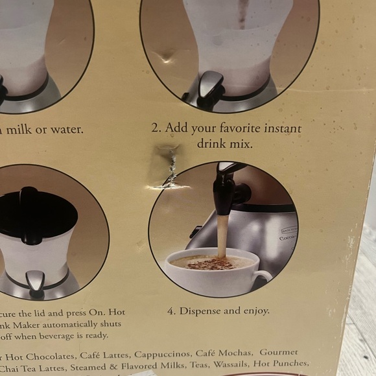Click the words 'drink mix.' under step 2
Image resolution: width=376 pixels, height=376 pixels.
point(225,143)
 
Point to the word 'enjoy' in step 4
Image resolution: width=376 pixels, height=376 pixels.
point(254,311)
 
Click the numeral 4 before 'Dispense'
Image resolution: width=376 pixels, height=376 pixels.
point(170,311)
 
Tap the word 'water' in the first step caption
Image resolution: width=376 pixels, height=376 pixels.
point(64,129)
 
